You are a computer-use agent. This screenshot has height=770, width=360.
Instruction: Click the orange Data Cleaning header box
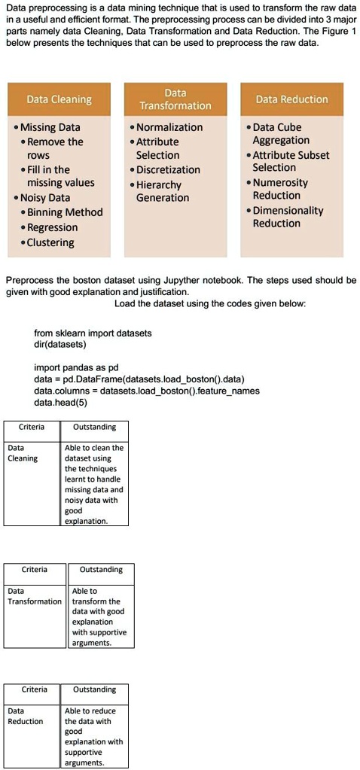pyautogui.click(x=59, y=99)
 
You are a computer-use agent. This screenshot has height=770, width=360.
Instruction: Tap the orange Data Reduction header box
pyautogui.click(x=291, y=99)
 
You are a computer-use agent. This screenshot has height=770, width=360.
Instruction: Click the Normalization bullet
pyautogui.click(x=169, y=127)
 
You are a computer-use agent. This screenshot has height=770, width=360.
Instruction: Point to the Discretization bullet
pyautogui.click(x=168, y=169)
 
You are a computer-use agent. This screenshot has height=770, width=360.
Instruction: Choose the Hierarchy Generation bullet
pyautogui.click(x=162, y=191)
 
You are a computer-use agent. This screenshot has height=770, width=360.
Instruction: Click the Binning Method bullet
pyautogui.click(x=64, y=212)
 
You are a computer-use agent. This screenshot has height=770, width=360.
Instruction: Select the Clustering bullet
pyautogui.click(x=50, y=242)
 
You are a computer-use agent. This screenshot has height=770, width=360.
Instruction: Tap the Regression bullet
pyautogui.click(x=52, y=227)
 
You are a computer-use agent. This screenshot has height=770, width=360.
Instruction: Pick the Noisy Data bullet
pyautogui.click(x=44, y=197)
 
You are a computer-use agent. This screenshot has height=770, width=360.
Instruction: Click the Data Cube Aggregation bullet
pyautogui.click(x=280, y=134)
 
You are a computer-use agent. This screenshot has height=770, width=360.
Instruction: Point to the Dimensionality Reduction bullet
pyautogui.click(x=287, y=217)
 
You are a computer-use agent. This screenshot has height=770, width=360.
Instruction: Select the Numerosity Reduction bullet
pyautogui.click(x=280, y=189)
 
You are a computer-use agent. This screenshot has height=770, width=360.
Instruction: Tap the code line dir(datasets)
pyautogui.click(x=60, y=344)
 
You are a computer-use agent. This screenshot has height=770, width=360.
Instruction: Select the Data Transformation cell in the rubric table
pyautogui.click(x=34, y=616)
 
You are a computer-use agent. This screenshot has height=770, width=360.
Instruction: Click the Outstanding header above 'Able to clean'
pyautogui.click(x=95, y=428)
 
